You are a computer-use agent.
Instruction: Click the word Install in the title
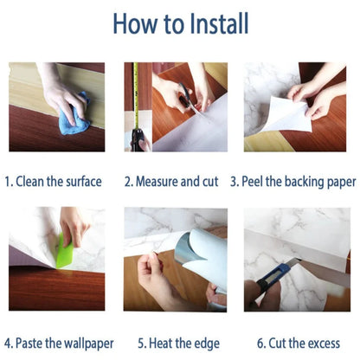click(219, 23)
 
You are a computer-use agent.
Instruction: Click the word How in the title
click(136, 23)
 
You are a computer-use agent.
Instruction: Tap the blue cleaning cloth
click(74, 114)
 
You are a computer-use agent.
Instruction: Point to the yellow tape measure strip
click(136, 96)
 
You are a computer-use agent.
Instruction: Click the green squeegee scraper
click(65, 250)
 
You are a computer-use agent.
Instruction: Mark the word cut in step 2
click(210, 182)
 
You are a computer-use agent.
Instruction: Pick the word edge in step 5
click(207, 344)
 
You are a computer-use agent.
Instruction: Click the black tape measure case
click(138, 140)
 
